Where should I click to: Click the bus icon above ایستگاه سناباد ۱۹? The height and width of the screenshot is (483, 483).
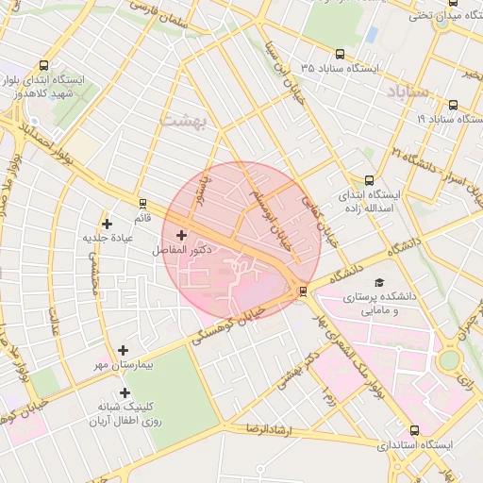click(x=454, y=105)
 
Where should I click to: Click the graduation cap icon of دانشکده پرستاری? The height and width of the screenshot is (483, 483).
click(x=379, y=282)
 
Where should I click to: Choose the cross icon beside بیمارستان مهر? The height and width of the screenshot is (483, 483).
click(x=123, y=350)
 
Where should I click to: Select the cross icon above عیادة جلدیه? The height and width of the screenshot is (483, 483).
click(x=108, y=224)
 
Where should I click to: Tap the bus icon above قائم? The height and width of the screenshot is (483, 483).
click(x=142, y=203)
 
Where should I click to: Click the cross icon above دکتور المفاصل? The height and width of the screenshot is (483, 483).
click(x=181, y=235)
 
